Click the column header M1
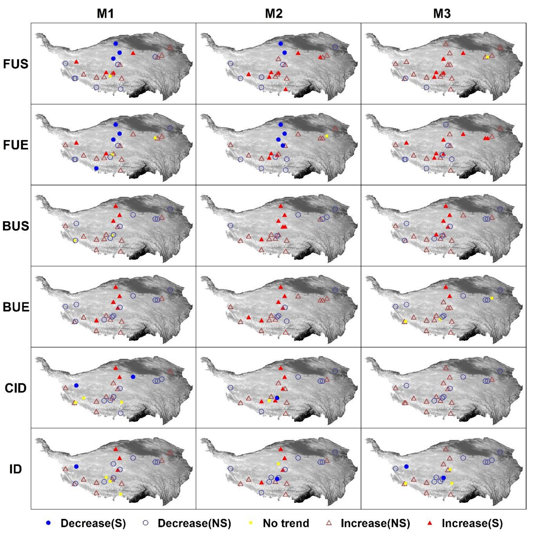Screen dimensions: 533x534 [x=105, y=14]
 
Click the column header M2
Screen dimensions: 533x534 [x=273, y=14]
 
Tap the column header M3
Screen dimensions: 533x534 [x=442, y=14]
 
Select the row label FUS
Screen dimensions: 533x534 [x=16, y=64]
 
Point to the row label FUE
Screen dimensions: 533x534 [x=16, y=145]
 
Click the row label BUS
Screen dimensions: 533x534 [x=16, y=226]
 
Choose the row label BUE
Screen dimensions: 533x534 [x=16, y=307]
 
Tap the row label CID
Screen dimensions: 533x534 [x=16, y=388]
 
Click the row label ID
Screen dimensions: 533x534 [x=16, y=469]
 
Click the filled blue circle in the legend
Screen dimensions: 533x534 [x=48, y=523]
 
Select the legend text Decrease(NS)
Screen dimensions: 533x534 [x=194, y=523]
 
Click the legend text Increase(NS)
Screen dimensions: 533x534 [x=375, y=523]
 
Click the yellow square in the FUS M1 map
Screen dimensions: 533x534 [x=110, y=76]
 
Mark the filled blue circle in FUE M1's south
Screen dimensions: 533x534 [x=96, y=168]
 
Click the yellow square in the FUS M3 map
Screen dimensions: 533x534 [x=487, y=57]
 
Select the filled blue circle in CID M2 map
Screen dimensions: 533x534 [x=277, y=398]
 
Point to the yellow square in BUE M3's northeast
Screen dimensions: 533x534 [x=492, y=298]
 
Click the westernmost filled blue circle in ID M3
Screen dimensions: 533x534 [x=406, y=467]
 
